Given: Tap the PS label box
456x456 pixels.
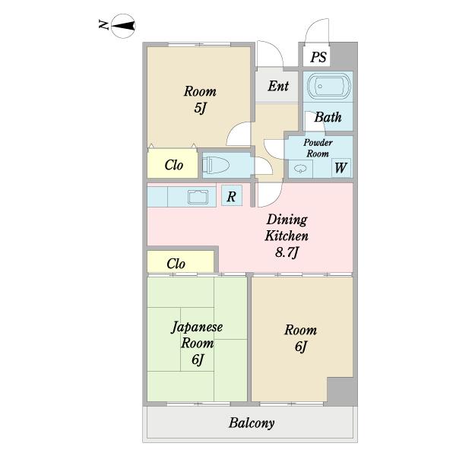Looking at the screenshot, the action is tap(316, 56).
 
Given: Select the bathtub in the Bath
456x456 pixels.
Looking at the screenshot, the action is tap(328, 86).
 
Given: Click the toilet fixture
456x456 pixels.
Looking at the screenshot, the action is tap(216, 165).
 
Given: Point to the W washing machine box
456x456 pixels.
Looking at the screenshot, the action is tap(340, 168).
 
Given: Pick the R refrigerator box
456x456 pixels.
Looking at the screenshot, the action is tap(232, 196).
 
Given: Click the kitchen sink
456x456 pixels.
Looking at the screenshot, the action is tap(198, 197).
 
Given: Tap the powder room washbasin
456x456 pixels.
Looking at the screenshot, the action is tap(300, 169).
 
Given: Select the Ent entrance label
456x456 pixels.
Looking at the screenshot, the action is tap(278, 86).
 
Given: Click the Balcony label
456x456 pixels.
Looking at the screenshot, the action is tap(252, 423).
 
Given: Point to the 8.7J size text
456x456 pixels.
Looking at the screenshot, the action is tap(287, 252).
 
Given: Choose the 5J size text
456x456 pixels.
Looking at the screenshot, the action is tap(200, 108).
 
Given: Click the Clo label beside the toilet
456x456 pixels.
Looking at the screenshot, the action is tap(173, 165).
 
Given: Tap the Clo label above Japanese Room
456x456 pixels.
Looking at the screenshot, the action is tap(176, 264).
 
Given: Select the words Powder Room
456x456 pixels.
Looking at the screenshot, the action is tap(318, 148).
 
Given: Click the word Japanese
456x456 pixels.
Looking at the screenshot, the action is tap(197, 327).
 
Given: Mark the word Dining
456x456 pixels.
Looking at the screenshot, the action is tap(287, 220).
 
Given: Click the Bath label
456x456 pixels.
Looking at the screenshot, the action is tap(328, 117).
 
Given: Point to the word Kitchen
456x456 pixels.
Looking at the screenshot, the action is tap(287, 236).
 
